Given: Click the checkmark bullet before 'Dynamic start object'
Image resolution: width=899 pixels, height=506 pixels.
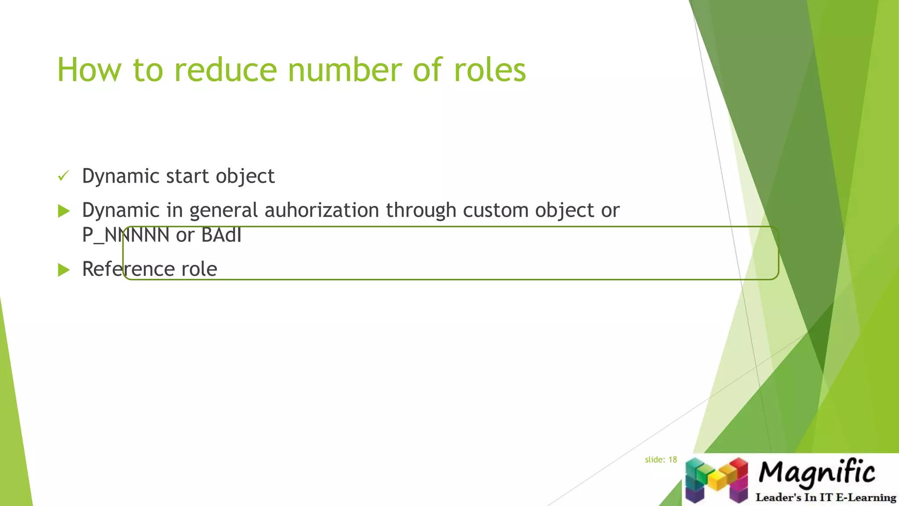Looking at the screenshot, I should coord(64,177).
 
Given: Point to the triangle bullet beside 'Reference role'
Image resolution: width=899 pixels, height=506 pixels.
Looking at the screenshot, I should coord(64,270).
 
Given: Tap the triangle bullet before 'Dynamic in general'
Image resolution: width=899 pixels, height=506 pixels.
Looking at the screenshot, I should coord(64,211).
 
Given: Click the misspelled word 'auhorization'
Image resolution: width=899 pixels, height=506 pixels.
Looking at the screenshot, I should coord(321,210).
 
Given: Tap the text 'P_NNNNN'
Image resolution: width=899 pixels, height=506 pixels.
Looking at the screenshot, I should coord(126,235).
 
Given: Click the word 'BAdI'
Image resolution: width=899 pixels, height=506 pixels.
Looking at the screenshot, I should coord(221,235).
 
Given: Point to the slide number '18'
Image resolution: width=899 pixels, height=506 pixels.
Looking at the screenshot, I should coord(672,460).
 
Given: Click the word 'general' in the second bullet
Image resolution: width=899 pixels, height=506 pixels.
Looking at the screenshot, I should coord(223,211).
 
